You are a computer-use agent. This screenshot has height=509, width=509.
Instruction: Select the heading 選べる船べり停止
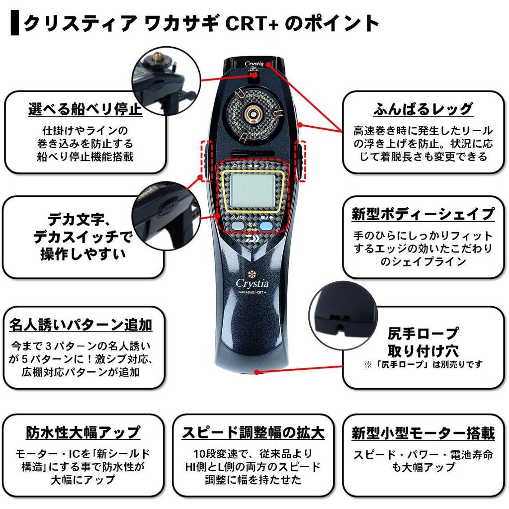coord(85,109)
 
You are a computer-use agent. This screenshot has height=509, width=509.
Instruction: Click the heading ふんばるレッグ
coord(423,109)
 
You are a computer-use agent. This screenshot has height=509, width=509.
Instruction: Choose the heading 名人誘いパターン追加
coord(81,325)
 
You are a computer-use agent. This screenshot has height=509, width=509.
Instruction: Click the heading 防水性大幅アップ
coord(83,432)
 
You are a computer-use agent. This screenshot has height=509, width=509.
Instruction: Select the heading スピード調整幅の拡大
coord(253,432)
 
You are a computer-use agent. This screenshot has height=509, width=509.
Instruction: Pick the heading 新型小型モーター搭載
coord(423,432)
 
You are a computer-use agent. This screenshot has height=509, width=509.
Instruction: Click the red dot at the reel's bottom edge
coord(257,371)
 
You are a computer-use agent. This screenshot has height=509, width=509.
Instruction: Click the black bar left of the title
coord(14,23)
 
